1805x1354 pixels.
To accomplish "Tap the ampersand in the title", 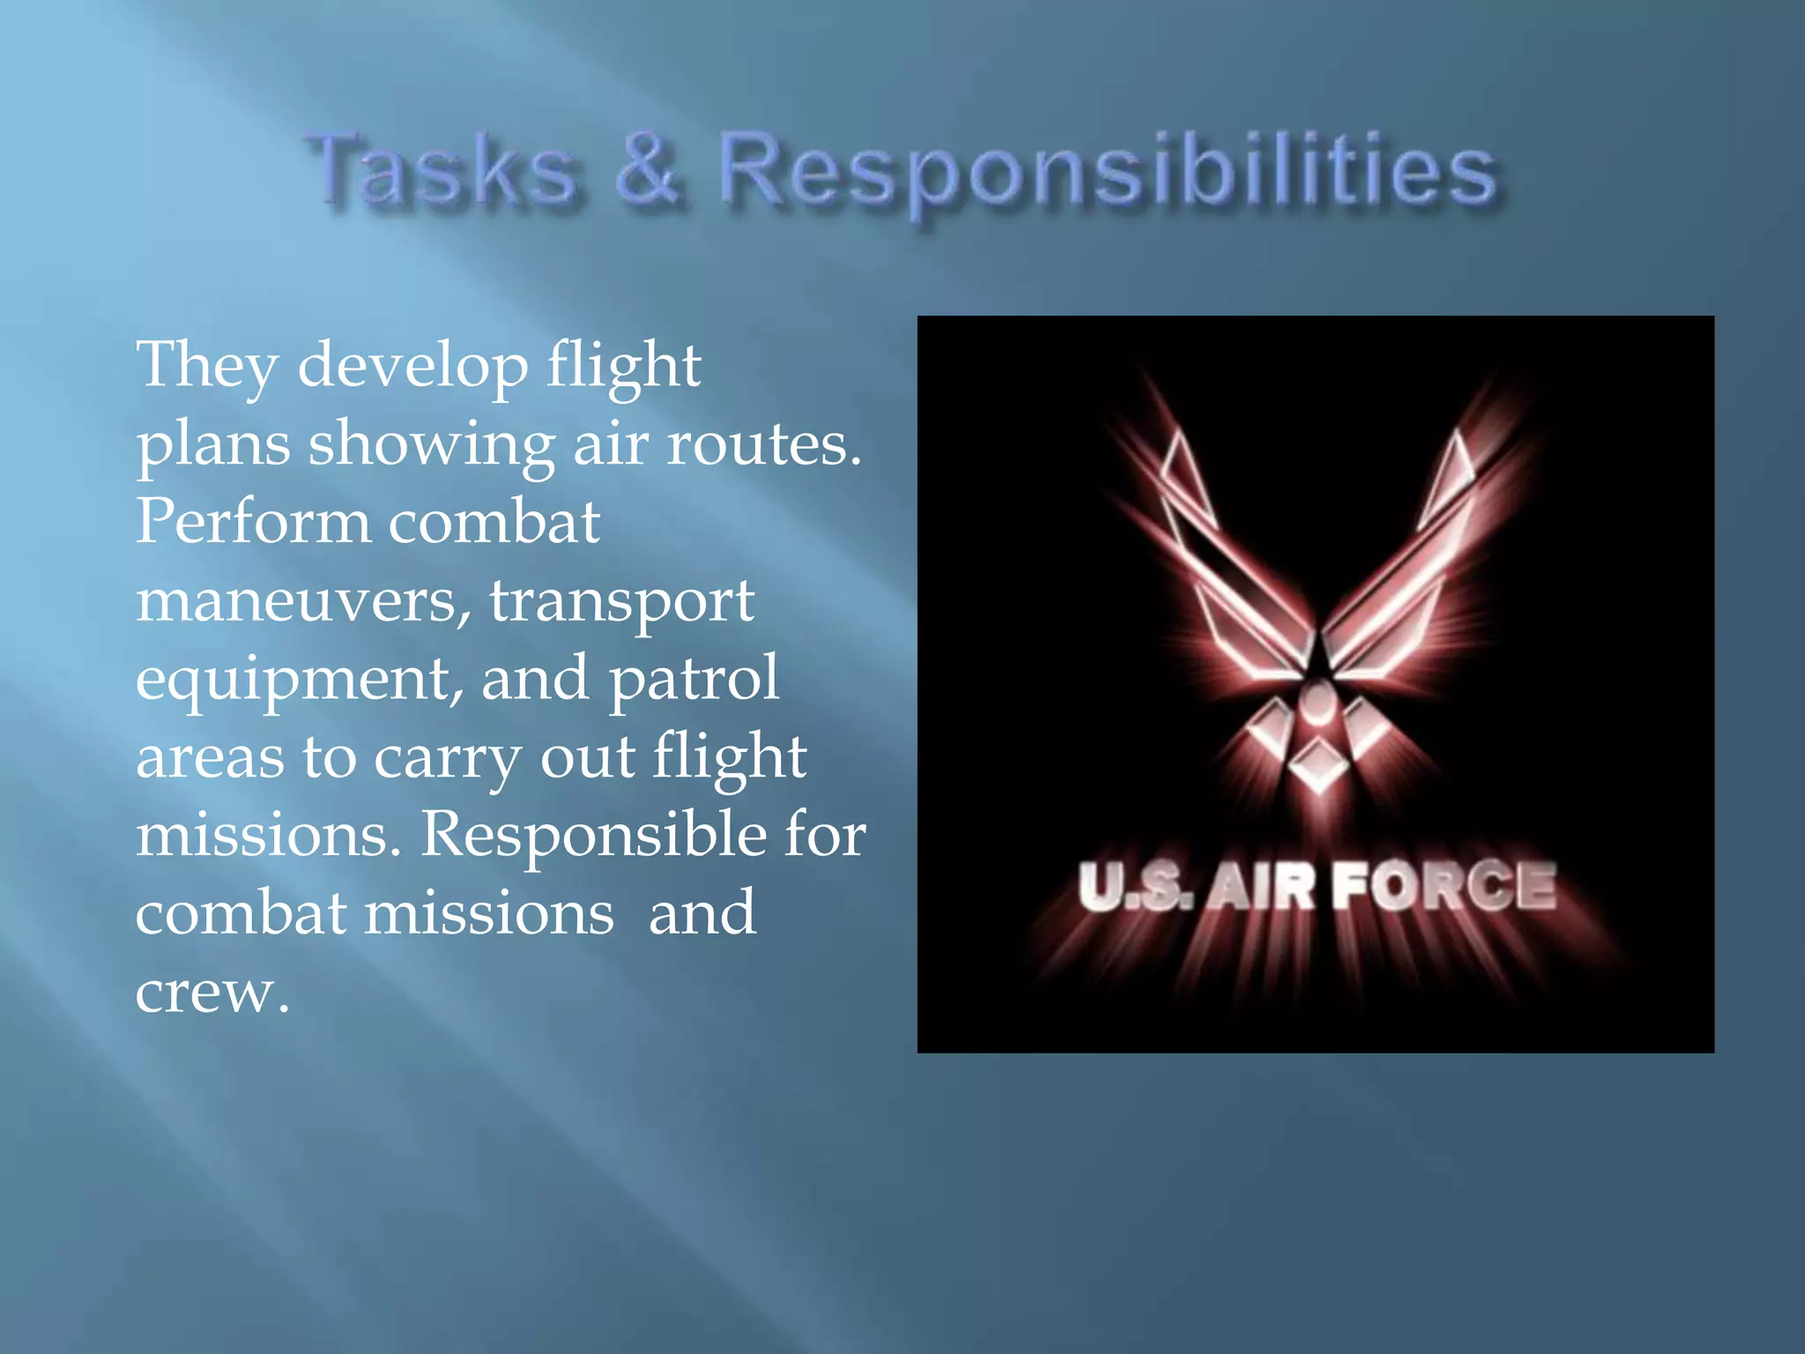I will click(x=648, y=167).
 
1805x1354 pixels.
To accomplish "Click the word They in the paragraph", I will click(x=208, y=366).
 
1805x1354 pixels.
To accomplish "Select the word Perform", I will click(x=254, y=522).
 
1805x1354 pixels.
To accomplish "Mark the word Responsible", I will click(x=592, y=836).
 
